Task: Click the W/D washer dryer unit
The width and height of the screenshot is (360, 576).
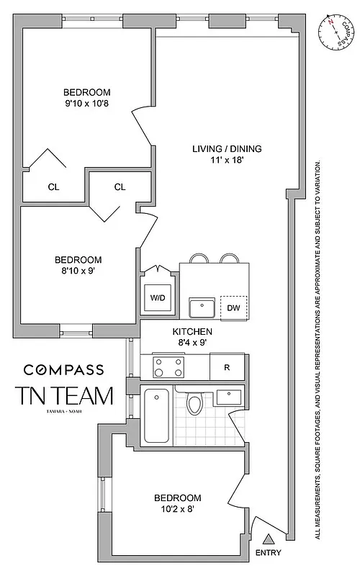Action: click(157, 297)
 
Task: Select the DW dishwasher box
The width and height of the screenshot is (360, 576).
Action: click(233, 307)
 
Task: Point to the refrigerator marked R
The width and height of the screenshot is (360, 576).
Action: click(227, 367)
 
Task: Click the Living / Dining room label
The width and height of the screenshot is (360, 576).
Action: click(227, 149)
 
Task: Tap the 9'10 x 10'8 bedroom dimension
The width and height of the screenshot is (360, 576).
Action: click(86, 104)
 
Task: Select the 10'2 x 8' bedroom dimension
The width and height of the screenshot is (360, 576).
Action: click(176, 510)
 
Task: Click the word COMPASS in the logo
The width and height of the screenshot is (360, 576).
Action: click(63, 369)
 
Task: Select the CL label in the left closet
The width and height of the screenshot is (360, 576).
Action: click(53, 187)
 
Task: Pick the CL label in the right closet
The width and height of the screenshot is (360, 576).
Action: click(120, 187)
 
